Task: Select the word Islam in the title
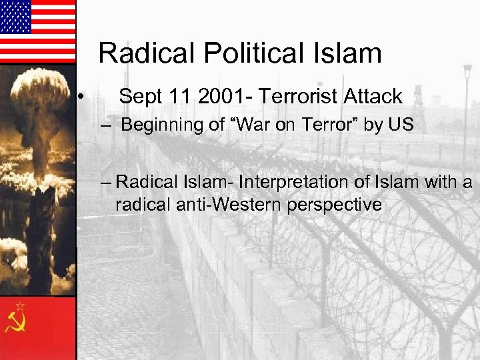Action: (349, 53)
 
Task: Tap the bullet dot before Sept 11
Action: (79, 98)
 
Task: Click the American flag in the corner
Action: (37, 31)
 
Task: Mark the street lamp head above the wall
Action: (467, 69)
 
